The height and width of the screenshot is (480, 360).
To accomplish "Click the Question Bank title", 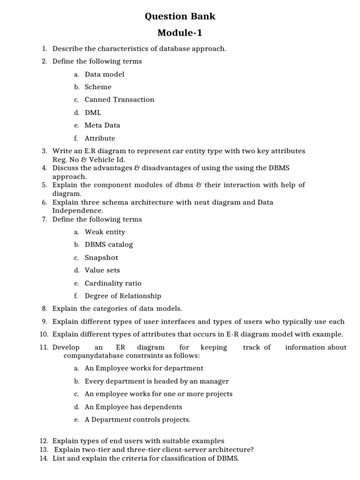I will pyautogui.click(x=180, y=16).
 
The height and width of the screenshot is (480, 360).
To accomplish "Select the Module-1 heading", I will pyautogui.click(x=180, y=33).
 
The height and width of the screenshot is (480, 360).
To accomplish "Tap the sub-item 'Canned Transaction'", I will pyautogui.click(x=119, y=99).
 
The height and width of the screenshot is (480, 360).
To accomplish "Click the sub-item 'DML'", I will pyautogui.click(x=93, y=112).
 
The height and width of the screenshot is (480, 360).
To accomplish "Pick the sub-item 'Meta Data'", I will pyautogui.click(x=102, y=125).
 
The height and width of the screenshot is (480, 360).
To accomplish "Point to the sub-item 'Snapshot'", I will pyautogui.click(x=101, y=257).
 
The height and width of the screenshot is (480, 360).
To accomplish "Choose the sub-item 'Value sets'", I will pyautogui.click(x=102, y=270).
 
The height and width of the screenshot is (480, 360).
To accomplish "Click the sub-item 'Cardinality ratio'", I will pyautogui.click(x=112, y=283).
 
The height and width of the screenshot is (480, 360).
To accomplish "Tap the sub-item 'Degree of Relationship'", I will pyautogui.click(x=123, y=296).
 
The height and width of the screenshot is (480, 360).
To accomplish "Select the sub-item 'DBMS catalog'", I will pyautogui.click(x=109, y=244).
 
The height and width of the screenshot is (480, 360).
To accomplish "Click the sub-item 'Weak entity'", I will pyautogui.click(x=105, y=232).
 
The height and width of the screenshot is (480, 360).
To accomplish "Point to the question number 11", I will pyautogui.click(x=44, y=347).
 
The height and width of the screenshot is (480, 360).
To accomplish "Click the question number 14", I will pyautogui.click(x=44, y=458).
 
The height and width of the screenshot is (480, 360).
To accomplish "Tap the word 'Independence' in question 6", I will pyautogui.click(x=75, y=210).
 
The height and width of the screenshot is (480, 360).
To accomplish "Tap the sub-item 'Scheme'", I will pyautogui.click(x=98, y=87).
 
